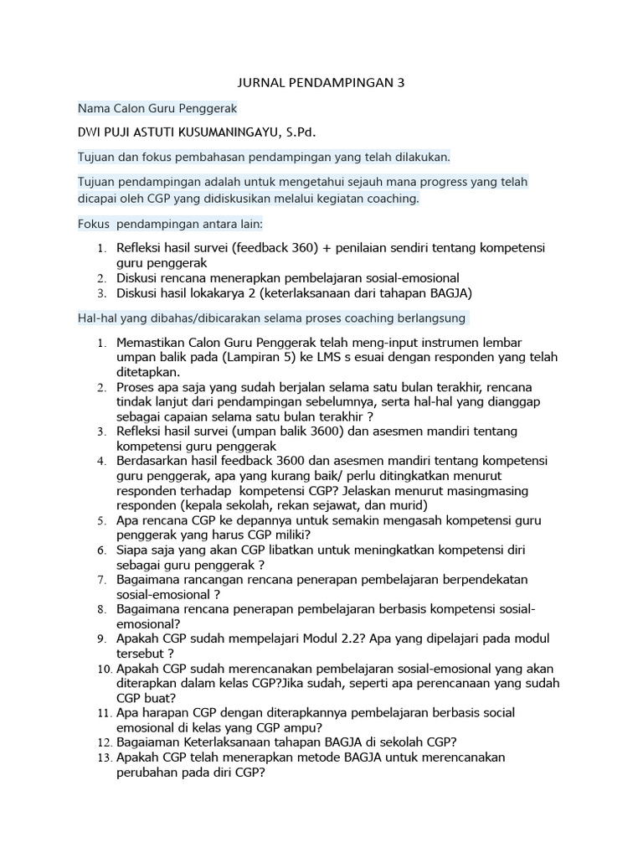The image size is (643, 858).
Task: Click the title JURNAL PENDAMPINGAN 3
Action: click(x=321, y=84)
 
